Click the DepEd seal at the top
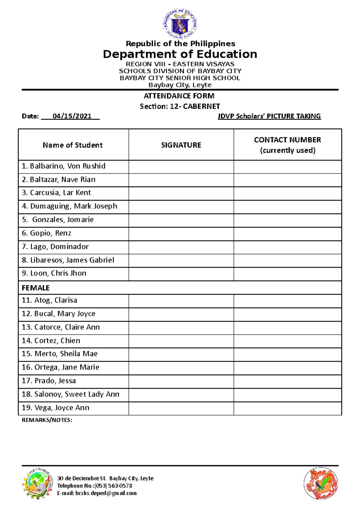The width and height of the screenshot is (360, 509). pos(180,24)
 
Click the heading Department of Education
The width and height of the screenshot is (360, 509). pos(180,54)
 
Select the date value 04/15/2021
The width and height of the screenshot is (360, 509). pos(72,116)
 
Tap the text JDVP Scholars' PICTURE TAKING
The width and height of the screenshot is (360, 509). pos(269,116)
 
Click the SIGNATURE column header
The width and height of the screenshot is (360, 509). pos(181,145)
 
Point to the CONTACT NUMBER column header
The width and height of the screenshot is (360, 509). pos(287,145)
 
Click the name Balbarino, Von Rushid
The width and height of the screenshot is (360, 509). pos(64,166)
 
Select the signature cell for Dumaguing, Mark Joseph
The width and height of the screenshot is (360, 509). pos(181,207)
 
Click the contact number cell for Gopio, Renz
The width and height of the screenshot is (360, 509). pos(287,234)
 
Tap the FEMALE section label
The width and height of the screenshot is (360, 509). pos(36,288)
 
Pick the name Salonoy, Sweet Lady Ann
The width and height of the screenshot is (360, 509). pos(70,394)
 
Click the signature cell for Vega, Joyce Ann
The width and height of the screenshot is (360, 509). pos(181,408)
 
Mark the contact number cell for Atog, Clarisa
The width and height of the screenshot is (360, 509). pos(287,301)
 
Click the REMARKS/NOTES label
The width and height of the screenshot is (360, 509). pos(47,420)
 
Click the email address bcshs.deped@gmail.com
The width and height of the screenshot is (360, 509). pos(106,493)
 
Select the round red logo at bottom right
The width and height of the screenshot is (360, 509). pos(321,483)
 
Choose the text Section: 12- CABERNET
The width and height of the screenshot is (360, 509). pos(180,106)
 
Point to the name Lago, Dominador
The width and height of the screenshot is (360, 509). pos(55,247)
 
